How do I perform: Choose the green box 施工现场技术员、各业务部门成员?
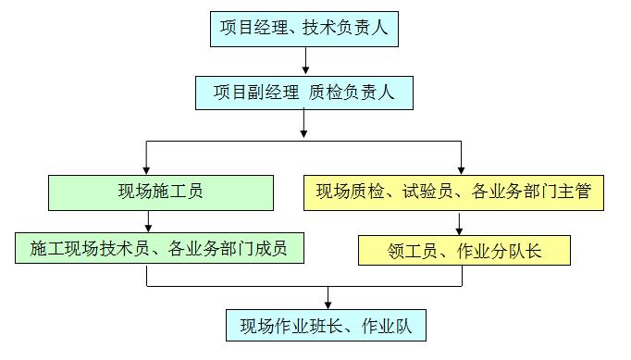(x=158, y=248)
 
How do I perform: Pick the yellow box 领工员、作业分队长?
(x=464, y=250)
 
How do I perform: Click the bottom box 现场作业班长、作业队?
(x=327, y=326)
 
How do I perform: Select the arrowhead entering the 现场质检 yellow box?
(x=460, y=168)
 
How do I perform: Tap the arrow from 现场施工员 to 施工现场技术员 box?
(x=147, y=221)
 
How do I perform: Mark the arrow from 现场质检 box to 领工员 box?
(x=460, y=223)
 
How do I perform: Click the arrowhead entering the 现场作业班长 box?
(x=327, y=303)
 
